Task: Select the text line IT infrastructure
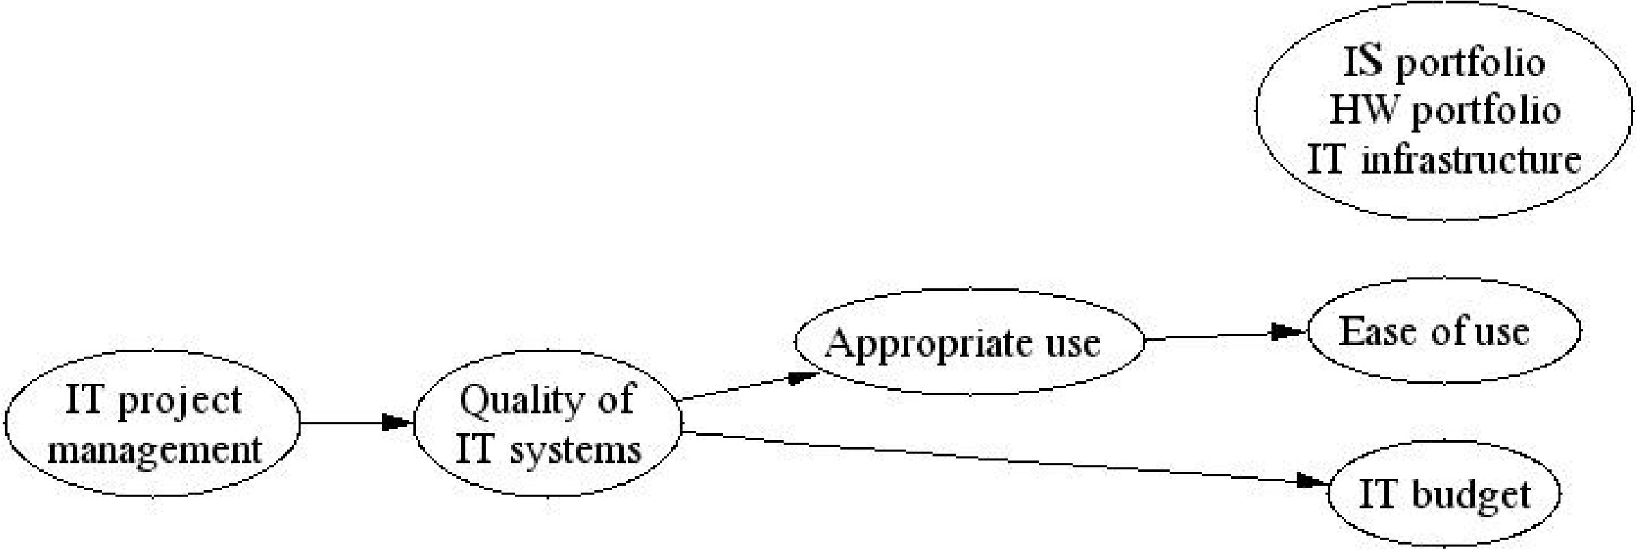tap(1444, 160)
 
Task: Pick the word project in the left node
tap(180, 401)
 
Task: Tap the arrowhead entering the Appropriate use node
tap(803, 377)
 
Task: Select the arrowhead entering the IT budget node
tap(1313, 482)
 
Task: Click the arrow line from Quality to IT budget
tap(991, 457)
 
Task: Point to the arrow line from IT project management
tap(342, 423)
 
